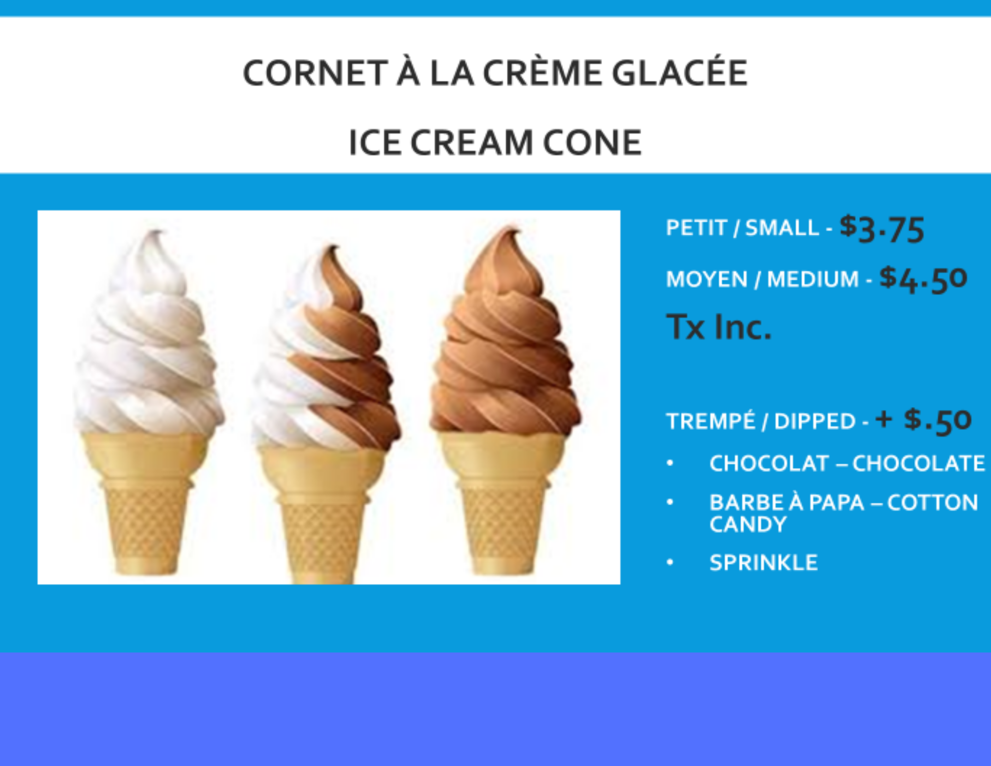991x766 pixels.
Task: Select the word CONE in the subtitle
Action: pos(592,143)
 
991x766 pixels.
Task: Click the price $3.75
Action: pos(882,229)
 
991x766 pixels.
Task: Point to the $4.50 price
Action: pos(923,279)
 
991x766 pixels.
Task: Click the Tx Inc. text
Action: pos(718,327)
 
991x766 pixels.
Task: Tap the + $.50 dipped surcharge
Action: pos(923,421)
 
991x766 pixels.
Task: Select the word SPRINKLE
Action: pos(764,563)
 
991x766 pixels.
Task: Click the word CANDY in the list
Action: pos(748,525)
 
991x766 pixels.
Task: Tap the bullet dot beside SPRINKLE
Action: pos(670,562)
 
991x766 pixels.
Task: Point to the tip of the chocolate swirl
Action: pos(510,230)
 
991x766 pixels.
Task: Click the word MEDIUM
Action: pos(813,280)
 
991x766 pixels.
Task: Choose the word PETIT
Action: pos(696,228)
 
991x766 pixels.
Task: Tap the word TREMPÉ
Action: pos(711,421)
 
